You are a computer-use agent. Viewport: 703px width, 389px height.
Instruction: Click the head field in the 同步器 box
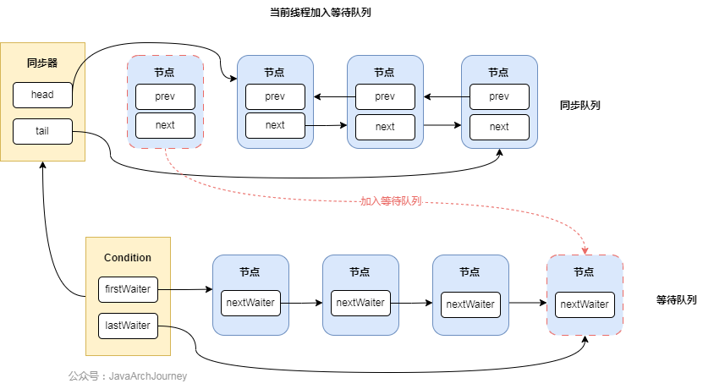click(42, 95)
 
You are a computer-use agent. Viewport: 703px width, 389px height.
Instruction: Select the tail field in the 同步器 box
click(42, 131)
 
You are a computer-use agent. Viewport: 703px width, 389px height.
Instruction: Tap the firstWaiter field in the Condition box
click(128, 289)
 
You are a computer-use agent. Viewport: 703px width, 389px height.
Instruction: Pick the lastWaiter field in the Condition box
click(128, 325)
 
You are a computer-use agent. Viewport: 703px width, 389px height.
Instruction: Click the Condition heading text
click(128, 258)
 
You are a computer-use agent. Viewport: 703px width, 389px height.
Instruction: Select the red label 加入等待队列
click(390, 201)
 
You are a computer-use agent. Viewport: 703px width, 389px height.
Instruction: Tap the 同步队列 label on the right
click(580, 106)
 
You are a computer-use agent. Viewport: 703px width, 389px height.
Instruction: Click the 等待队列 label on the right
click(676, 300)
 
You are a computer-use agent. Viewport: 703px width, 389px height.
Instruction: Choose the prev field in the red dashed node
click(165, 96)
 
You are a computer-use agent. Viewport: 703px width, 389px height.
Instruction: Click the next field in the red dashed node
click(165, 125)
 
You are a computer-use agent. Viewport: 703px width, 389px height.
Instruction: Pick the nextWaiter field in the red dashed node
click(585, 304)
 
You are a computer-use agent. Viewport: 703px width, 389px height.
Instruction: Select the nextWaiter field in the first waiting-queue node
click(250, 303)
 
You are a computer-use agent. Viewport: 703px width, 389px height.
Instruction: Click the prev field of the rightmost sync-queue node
click(499, 96)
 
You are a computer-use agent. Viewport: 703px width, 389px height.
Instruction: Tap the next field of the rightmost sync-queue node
click(499, 127)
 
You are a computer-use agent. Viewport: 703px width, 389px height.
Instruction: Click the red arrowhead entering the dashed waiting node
click(585, 249)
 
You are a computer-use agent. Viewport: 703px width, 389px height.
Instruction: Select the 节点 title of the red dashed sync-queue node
click(165, 71)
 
